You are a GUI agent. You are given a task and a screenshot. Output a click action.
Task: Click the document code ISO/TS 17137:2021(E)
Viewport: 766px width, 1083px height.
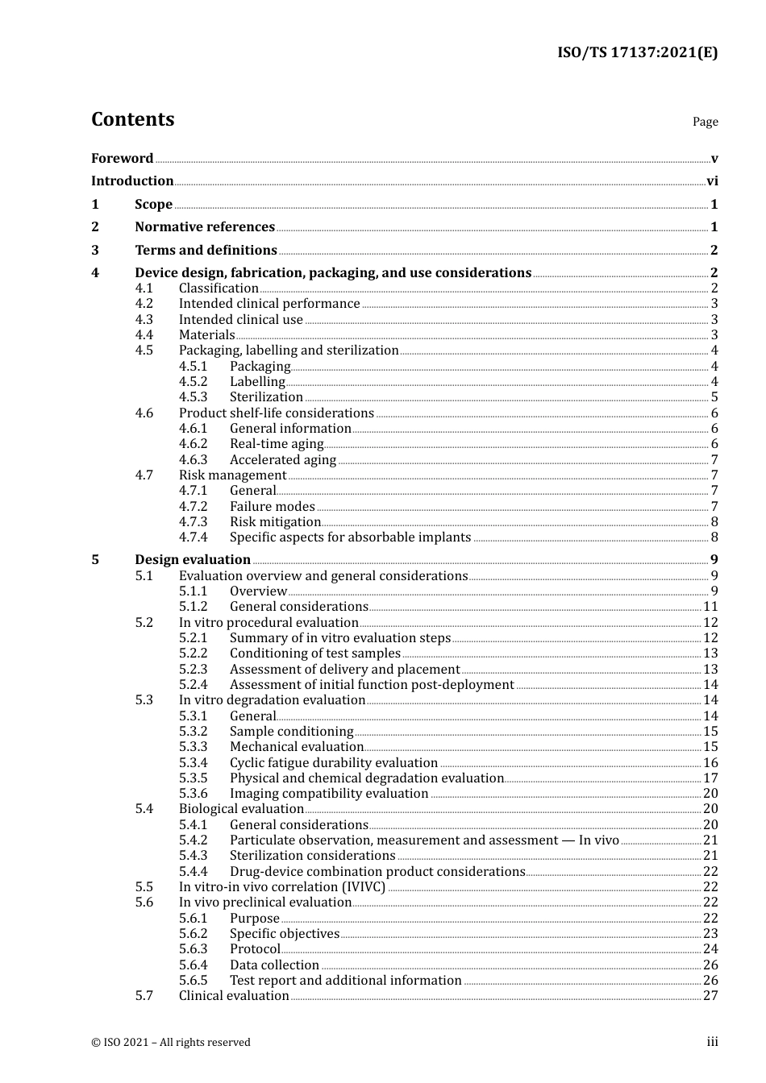coord(637,53)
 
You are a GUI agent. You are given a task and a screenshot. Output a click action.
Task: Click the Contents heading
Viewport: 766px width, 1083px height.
coord(132,119)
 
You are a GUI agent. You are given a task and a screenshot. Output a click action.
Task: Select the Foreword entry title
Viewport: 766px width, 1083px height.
coord(122,159)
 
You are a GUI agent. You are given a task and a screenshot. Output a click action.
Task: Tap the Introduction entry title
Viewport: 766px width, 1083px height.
coord(132,181)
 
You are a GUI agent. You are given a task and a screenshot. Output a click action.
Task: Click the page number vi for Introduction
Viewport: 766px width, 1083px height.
coord(712,181)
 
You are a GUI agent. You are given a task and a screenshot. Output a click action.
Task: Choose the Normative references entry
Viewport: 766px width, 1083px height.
coord(205,227)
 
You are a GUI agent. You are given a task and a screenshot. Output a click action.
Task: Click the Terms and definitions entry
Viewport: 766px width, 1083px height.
coord(206,251)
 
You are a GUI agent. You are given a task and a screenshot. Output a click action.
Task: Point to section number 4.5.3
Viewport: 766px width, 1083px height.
coord(193,397)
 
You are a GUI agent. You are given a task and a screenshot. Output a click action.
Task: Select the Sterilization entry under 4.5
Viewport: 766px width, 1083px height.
coord(266,397)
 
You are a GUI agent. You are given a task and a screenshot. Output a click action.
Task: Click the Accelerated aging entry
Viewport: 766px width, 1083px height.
coord(282,460)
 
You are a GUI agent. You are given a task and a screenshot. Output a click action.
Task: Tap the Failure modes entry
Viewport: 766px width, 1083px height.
coord(272,507)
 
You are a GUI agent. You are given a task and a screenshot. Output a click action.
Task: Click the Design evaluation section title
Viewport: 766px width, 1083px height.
coord(193,560)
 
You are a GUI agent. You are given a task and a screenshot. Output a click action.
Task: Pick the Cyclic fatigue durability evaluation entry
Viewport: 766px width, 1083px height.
coord(333,763)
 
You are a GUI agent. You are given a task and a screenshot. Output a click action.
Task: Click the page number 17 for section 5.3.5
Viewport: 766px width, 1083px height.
coord(710,778)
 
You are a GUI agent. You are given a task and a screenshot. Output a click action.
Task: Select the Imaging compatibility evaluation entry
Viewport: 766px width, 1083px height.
coord(328,794)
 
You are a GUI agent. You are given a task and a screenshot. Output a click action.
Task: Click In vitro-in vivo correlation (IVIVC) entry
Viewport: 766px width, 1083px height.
coord(281,887)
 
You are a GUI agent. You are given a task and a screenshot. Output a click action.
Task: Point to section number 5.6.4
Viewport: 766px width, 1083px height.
coord(193,965)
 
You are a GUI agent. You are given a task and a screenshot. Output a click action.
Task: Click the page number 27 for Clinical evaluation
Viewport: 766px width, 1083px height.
coord(710,996)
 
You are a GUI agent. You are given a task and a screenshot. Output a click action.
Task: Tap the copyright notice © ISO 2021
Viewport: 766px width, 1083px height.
coord(170,1043)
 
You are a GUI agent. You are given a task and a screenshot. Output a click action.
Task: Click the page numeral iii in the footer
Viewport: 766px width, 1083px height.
coord(712,1042)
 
